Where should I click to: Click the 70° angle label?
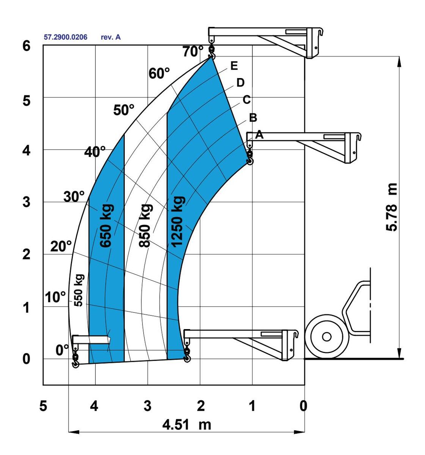(193, 51)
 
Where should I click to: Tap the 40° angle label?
(95, 152)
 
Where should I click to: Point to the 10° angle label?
(55, 297)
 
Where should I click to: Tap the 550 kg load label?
(79, 290)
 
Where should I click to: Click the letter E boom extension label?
(234, 66)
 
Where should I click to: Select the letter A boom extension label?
(259, 134)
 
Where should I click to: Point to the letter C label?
(246, 100)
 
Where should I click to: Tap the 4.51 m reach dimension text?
(187, 424)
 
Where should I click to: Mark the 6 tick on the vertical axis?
(26, 46)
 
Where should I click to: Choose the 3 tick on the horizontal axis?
(147, 406)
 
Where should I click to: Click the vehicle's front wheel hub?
(326, 336)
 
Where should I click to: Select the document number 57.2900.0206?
(66, 37)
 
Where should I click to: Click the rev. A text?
(111, 37)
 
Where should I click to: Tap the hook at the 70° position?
(211, 54)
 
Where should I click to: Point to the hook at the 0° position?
(75, 361)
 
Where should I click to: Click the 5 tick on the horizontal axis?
(43, 406)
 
